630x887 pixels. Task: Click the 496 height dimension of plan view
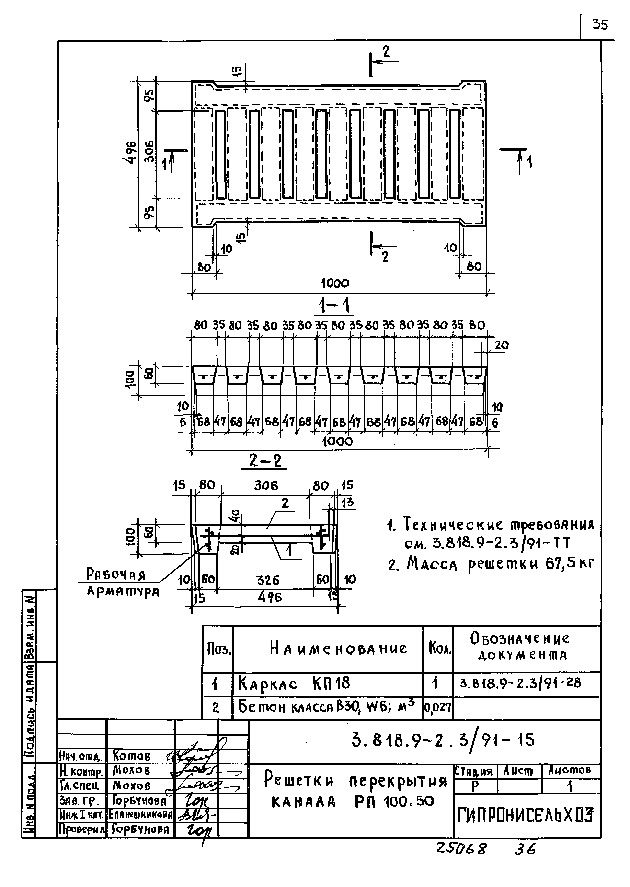(131, 152)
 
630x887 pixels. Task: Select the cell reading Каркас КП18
(294, 683)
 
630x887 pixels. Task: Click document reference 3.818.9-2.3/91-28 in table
(520, 682)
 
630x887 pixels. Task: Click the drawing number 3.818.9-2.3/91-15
(443, 740)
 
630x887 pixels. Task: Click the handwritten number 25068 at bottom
(461, 849)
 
